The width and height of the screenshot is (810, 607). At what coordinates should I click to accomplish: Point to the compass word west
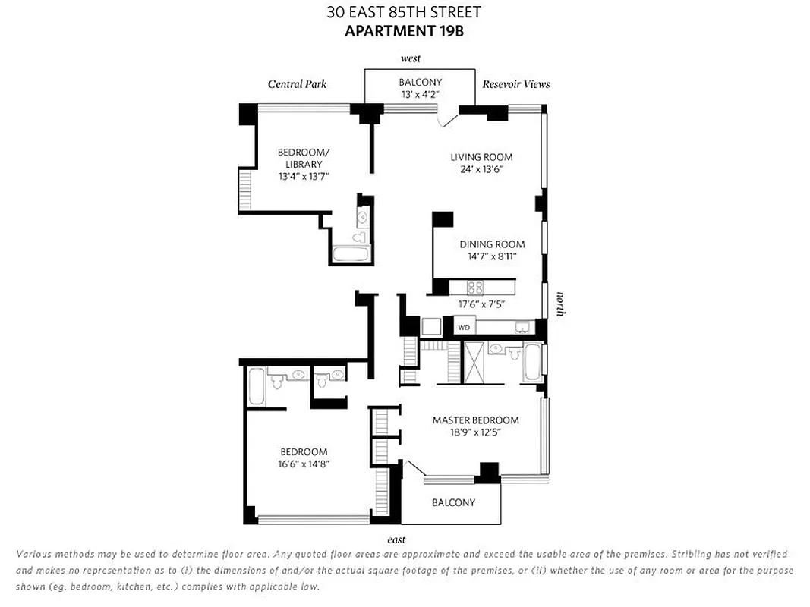click(x=410, y=58)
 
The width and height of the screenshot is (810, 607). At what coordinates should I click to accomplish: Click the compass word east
click(x=396, y=539)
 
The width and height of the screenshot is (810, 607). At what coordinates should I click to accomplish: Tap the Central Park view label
click(x=297, y=84)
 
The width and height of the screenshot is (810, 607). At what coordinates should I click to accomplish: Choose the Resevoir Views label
click(x=516, y=84)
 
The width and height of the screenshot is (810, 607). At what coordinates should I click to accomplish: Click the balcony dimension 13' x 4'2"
click(x=420, y=95)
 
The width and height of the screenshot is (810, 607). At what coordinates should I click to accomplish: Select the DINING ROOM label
click(x=492, y=244)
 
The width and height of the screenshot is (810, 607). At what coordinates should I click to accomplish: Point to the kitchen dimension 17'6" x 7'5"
click(x=481, y=304)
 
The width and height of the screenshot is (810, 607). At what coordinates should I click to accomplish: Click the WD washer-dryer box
click(x=464, y=327)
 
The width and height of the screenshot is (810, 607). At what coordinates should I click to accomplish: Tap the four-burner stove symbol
click(x=475, y=288)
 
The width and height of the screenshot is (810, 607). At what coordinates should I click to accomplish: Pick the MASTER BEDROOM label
click(x=475, y=420)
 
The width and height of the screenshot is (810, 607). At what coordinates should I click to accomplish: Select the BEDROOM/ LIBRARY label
click(x=304, y=158)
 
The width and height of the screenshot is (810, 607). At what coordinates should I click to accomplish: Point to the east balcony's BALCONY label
click(x=453, y=502)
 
